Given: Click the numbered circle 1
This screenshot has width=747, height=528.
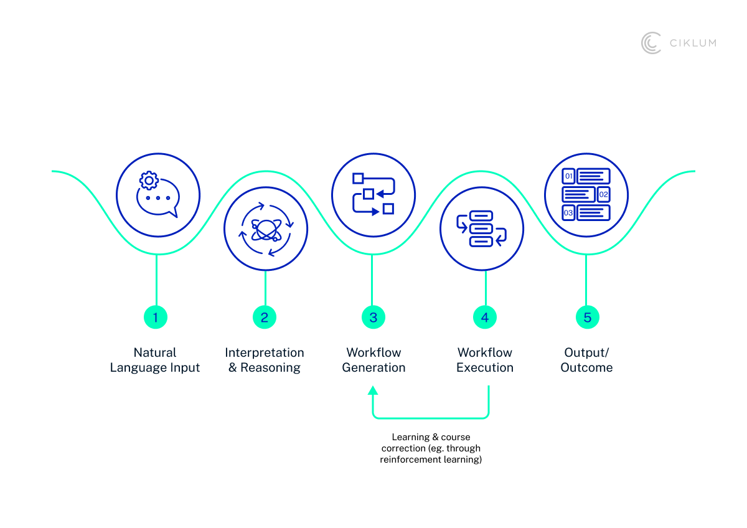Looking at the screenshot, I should click(156, 318).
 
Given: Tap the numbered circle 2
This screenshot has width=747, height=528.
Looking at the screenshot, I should click(265, 318).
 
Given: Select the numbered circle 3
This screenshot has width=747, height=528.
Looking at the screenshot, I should click(373, 318).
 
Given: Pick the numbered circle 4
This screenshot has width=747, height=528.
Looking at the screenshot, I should click(485, 318).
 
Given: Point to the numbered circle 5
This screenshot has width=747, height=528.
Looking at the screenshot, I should click(587, 318).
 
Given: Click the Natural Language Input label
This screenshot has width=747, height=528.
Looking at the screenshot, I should click(155, 360).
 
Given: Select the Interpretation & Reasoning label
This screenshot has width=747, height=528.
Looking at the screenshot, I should click(265, 360).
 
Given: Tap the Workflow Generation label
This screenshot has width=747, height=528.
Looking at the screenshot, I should click(374, 360).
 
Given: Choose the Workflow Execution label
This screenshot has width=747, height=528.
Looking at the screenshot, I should click(485, 360).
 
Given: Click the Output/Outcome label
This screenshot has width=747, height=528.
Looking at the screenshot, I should click(586, 360).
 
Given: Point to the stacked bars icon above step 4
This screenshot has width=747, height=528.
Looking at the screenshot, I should click(481, 229).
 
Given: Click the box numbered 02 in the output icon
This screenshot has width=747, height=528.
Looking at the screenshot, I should click(603, 194).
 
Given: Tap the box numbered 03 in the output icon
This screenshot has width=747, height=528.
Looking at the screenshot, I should click(568, 212).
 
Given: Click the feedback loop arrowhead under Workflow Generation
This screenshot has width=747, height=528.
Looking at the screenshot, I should click(373, 390).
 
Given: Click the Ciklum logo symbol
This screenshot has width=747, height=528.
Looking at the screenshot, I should click(651, 43).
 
